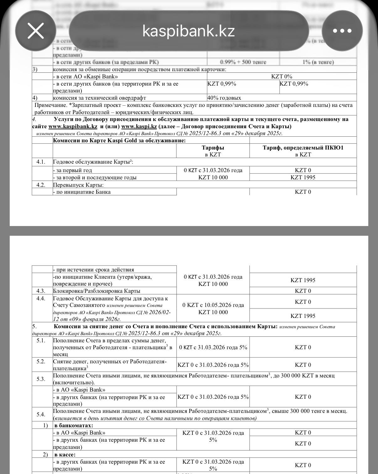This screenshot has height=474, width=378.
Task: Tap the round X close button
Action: click(x=36, y=31)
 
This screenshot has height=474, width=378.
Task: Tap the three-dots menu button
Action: click(x=342, y=31)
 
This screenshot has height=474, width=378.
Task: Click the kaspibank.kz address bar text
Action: click(x=188, y=31)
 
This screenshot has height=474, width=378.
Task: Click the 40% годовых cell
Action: click(x=224, y=98)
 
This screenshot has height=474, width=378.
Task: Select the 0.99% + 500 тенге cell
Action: click(x=243, y=62)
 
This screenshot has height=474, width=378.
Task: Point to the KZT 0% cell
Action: click(x=281, y=76)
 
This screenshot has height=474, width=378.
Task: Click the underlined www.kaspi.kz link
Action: click(x=139, y=127)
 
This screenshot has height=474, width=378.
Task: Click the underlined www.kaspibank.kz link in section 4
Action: click(x=73, y=127)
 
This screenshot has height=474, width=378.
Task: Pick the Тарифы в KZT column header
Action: click(x=213, y=151)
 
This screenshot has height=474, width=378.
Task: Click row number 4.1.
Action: click(x=41, y=162)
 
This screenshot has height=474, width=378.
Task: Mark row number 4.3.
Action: click(x=41, y=291)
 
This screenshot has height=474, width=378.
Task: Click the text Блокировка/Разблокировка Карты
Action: click(x=97, y=291)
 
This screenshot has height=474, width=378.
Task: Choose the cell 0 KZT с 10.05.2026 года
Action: click(x=213, y=305)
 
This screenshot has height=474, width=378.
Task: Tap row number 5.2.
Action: click(x=41, y=361)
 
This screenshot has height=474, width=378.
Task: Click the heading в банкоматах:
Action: click(x=74, y=425)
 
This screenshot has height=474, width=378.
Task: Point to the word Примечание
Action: click(x=50, y=105)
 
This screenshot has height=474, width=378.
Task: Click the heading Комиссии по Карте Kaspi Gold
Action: click(x=119, y=140)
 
